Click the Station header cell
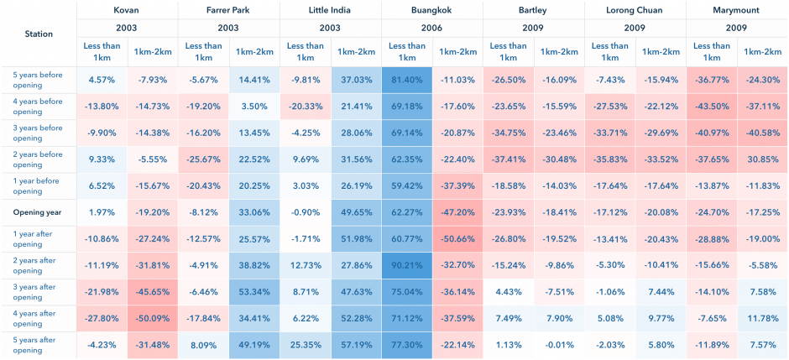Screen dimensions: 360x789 [39, 34]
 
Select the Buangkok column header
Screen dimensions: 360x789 [432, 10]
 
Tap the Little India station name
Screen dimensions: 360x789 [330, 10]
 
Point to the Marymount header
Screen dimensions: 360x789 [737, 10]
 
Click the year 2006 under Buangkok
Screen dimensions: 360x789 [432, 28]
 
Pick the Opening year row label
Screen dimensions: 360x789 [37, 212]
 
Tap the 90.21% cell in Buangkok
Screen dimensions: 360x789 [406, 265]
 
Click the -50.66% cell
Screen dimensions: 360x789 [458, 239]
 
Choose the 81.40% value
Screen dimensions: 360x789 [406, 80]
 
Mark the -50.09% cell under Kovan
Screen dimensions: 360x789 [153, 318]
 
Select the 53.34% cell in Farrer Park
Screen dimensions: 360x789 [254, 292]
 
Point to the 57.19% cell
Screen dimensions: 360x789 [356, 344]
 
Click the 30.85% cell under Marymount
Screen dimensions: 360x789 [762, 159]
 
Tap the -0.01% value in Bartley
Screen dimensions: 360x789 [559, 344]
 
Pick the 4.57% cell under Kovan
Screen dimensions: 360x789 [102, 80]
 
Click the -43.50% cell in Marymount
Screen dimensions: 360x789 [711, 107]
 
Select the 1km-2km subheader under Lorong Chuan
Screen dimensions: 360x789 [661, 52]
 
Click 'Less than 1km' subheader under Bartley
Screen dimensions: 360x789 [508, 52]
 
